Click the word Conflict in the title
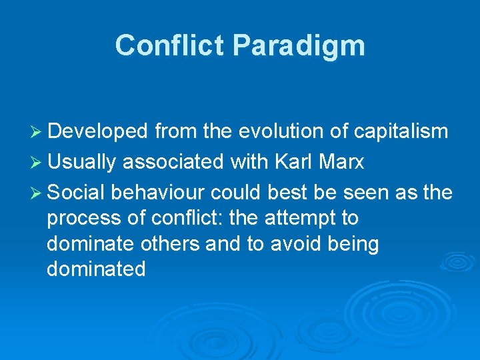pyautogui.click(x=169, y=46)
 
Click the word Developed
pyautogui.click(x=98, y=132)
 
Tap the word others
pyautogui.click(x=171, y=244)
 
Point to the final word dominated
pyautogui.click(x=96, y=269)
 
